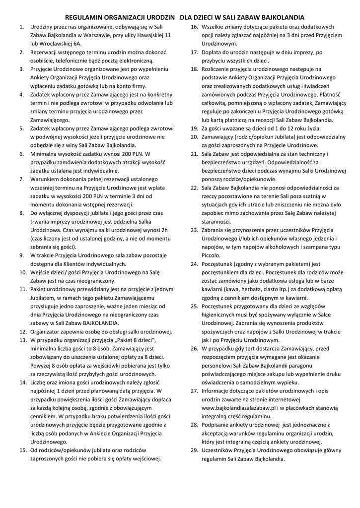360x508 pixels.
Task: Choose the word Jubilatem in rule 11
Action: point(45,298)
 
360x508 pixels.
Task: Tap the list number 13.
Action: point(22,341)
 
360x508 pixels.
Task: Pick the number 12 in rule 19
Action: point(286,128)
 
